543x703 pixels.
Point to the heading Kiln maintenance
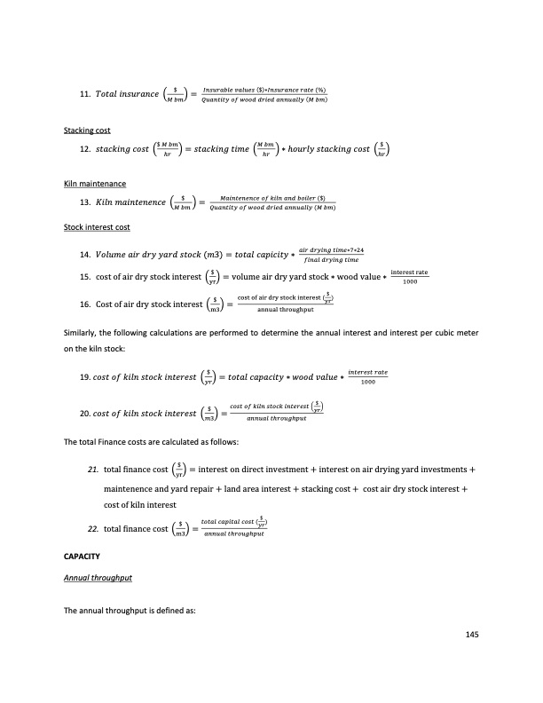95,184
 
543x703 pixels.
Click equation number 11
85,93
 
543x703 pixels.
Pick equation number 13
85,202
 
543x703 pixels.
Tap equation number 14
85,255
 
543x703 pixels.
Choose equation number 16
85,304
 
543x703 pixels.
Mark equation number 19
85,375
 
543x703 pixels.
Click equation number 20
85,413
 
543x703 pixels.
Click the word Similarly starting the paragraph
83,332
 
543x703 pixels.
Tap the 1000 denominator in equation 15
409,282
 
